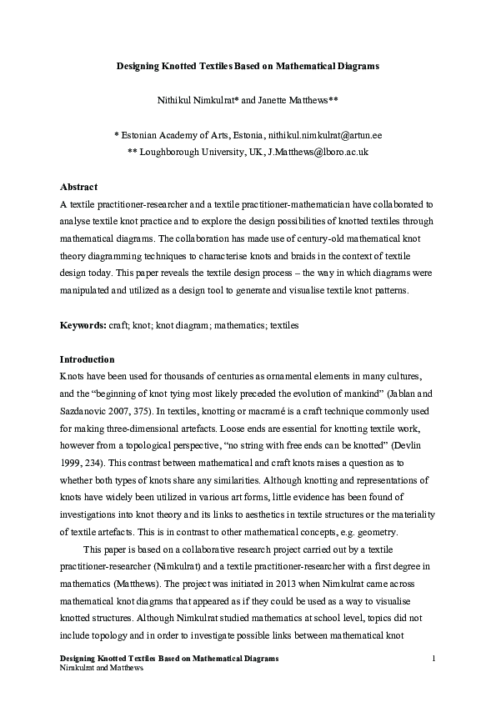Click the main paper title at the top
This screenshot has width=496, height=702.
[x=248, y=65]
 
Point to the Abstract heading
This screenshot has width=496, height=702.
[x=79, y=187]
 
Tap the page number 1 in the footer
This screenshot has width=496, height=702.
[x=434, y=659]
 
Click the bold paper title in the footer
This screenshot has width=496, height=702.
[x=170, y=659]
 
